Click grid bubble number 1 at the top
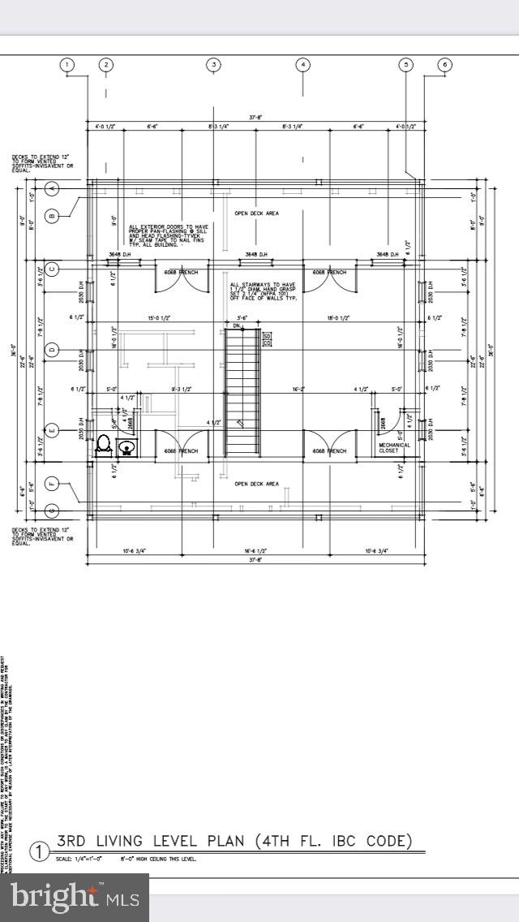[67, 65]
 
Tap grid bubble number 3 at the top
[213, 65]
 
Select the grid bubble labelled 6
[444, 65]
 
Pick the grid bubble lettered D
[52, 350]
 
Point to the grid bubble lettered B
[52, 215]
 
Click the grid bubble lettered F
[52, 485]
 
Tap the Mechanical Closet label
[394, 448]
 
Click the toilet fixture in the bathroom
[104, 444]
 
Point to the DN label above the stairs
[237, 325]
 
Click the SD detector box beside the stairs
[266, 334]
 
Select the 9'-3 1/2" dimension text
[180, 390]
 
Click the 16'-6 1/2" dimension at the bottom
[255, 551]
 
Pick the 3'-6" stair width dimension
[242, 317]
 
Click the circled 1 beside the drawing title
[39, 851]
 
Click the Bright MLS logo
[75, 897]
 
